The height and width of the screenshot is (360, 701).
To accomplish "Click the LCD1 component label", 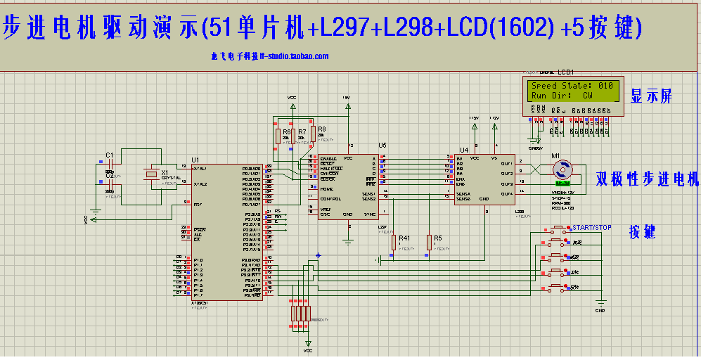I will point(566,72).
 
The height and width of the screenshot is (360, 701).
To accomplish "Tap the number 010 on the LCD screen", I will point(605,86).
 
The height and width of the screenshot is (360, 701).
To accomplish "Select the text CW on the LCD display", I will point(586,95).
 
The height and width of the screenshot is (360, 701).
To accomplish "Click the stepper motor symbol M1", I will point(561,169).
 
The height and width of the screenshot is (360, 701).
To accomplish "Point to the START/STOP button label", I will point(593,228).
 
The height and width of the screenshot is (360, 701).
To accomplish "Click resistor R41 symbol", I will point(394,243).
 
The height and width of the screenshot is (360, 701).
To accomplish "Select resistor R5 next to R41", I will point(428,243).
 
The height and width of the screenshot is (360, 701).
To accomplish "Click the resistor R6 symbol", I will point(277,137).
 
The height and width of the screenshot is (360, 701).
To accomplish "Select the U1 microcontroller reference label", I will point(195,160).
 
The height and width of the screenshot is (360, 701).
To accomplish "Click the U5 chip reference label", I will point(382,146).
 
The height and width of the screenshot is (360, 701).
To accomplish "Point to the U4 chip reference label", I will point(463,150).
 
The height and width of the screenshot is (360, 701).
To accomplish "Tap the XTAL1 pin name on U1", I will point(200,169).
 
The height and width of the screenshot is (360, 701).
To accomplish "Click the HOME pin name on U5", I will point(326,189).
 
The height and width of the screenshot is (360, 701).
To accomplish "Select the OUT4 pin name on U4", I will point(506,192).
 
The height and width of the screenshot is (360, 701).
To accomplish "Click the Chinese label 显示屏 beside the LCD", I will point(651,97).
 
